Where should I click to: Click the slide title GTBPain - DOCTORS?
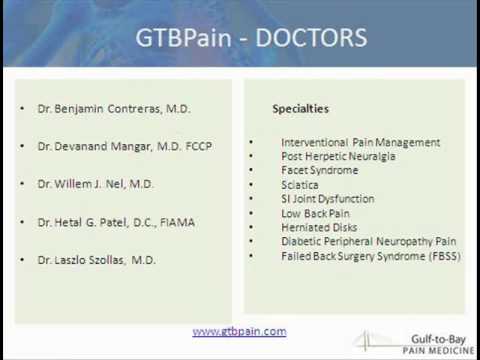coord(250,39)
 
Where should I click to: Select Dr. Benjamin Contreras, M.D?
coord(114,108)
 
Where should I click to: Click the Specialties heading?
coord(301,108)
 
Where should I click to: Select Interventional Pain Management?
coord(360,142)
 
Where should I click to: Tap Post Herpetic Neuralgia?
coord(338,156)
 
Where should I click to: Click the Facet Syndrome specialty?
coord(319,171)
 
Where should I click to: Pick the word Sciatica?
coord(300,185)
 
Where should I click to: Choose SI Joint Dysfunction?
coord(329,199)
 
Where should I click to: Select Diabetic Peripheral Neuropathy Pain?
coord(368,241)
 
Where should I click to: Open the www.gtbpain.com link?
coord(239,331)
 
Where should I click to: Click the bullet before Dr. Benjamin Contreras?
coord(21,108)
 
